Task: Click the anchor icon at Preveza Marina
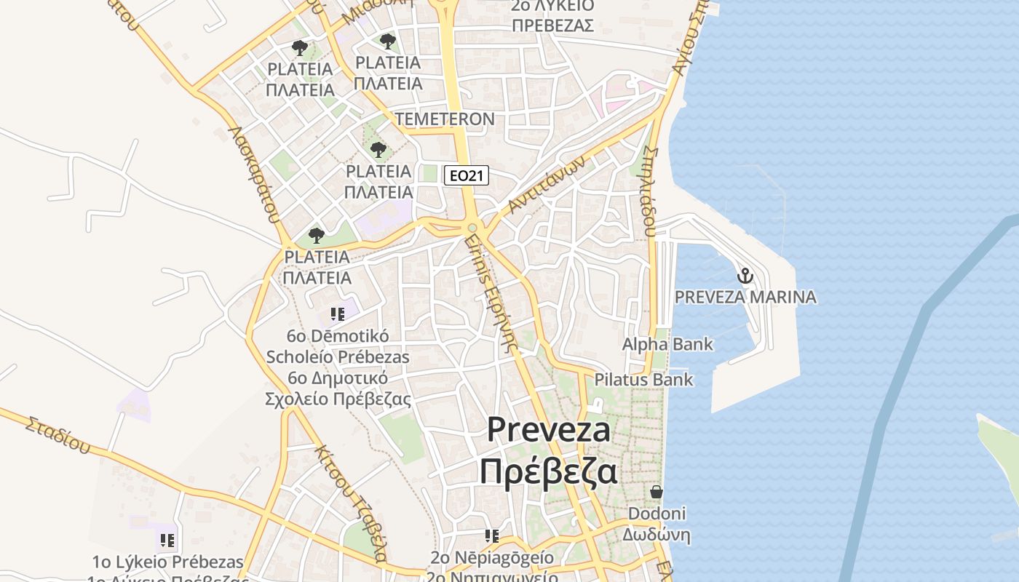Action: pyautogui.click(x=745, y=276)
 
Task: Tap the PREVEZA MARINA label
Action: pyautogui.click(x=745, y=297)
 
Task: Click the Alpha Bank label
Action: pyautogui.click(x=667, y=344)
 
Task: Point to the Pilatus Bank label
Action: pyautogui.click(x=643, y=380)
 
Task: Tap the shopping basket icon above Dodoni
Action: pyautogui.click(x=657, y=492)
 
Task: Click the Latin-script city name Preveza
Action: pyautogui.click(x=548, y=429)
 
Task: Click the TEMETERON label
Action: pyautogui.click(x=445, y=119)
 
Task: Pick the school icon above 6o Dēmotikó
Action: pyautogui.click(x=337, y=314)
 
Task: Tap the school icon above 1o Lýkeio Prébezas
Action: pyautogui.click(x=167, y=541)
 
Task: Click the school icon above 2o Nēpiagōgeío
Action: pyautogui.click(x=492, y=536)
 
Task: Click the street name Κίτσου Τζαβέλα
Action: pyautogui.click(x=349, y=502)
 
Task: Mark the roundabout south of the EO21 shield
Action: pyautogui.click(x=472, y=228)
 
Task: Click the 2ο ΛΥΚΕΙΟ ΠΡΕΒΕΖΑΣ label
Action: pyautogui.click(x=552, y=15)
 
